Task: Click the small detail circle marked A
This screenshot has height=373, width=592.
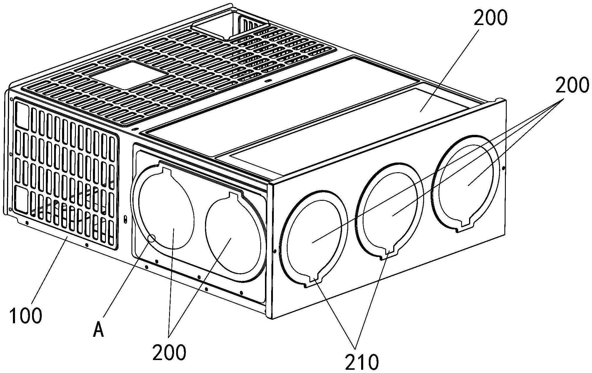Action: coord(152,238)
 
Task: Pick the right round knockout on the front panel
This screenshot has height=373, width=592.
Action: coord(232,236)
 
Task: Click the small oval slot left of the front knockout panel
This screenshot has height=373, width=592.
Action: coord(126,219)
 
